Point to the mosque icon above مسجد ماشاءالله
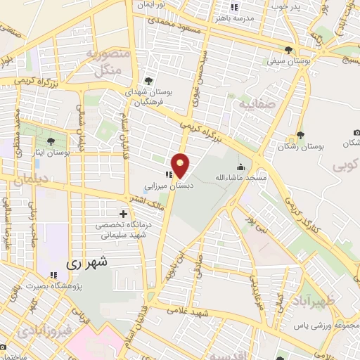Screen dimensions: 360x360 [241, 168]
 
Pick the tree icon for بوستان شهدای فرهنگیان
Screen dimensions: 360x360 [148, 82]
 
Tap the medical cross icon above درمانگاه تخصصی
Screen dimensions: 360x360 [123, 213]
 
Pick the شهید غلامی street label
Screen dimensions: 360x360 [191, 309]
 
